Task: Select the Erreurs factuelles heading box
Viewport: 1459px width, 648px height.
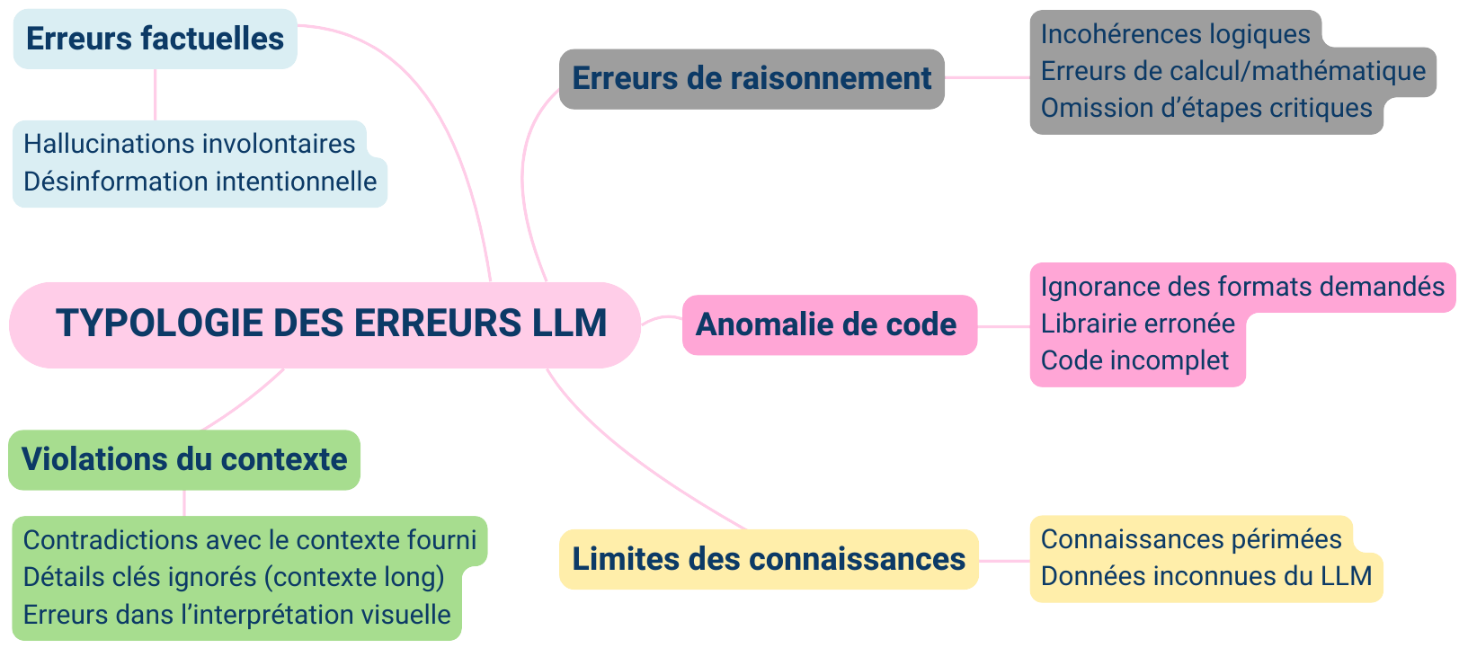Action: (x=155, y=39)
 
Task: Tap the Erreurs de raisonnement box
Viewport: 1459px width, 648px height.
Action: (x=752, y=79)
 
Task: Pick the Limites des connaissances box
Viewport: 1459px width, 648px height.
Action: (x=769, y=559)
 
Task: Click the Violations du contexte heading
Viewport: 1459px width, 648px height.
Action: (x=184, y=459)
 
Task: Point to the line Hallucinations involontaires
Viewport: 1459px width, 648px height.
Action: (x=190, y=144)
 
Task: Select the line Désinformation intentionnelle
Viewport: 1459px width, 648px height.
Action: (x=200, y=182)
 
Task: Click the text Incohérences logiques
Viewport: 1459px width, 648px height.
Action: (x=1175, y=34)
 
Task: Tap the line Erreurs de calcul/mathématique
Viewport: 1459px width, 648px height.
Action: (x=1232, y=71)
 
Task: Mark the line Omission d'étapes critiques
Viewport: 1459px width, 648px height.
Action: (x=1206, y=108)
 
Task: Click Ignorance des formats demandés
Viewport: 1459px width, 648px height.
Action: (x=1242, y=287)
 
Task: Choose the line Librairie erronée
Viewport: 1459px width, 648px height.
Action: (x=1138, y=324)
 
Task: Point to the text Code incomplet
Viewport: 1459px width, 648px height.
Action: (x=1134, y=360)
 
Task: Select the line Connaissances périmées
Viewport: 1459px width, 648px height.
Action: (x=1191, y=539)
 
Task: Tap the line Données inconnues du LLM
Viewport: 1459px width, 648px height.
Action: (x=1206, y=576)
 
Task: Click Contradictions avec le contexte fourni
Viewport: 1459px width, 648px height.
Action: (x=250, y=540)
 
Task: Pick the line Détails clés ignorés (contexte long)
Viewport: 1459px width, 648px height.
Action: (x=234, y=577)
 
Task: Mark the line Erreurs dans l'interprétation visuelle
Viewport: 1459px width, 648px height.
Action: (x=237, y=615)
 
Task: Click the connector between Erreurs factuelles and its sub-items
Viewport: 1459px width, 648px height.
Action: (x=156, y=94)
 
